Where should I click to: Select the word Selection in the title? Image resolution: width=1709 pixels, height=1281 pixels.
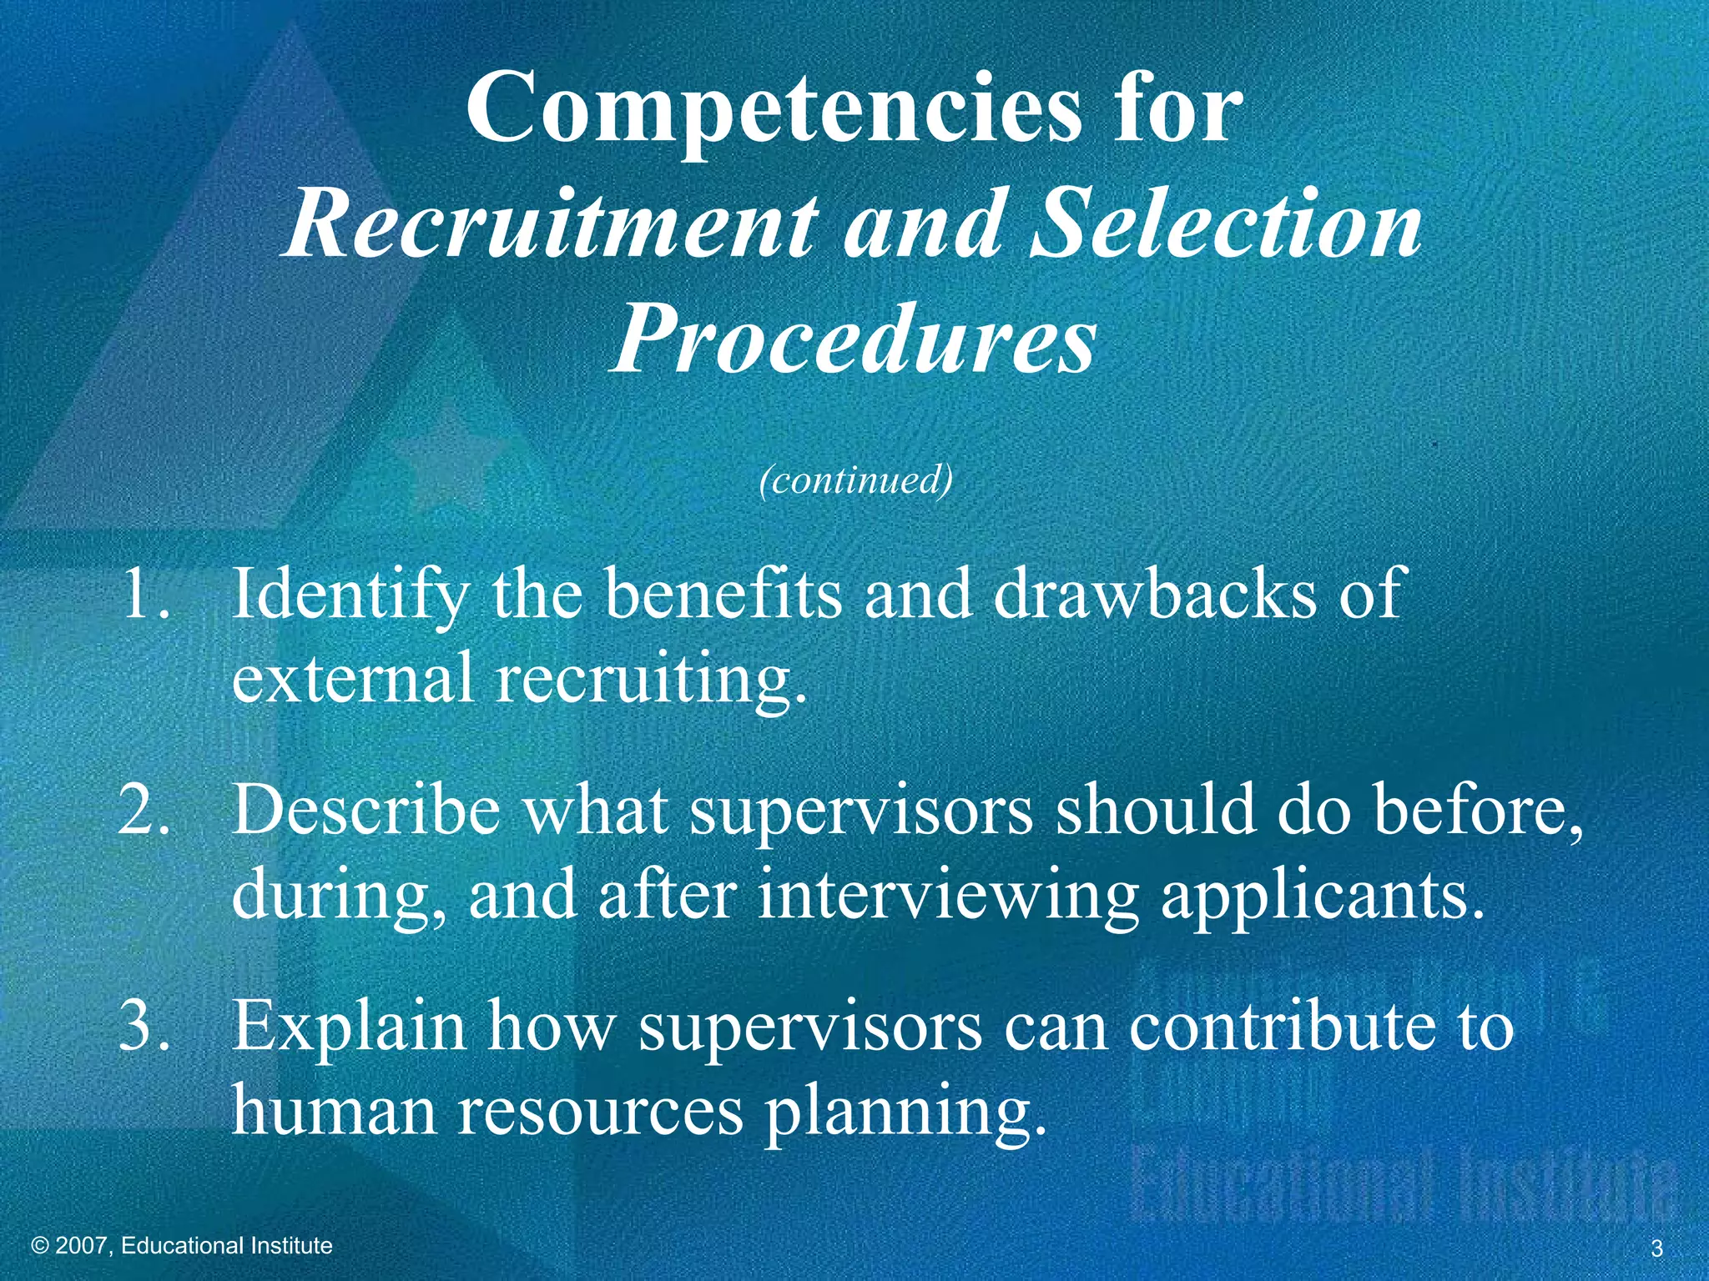1226,224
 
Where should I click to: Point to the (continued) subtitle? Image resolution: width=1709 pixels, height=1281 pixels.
855,480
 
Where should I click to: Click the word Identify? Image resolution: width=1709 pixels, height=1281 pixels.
350,594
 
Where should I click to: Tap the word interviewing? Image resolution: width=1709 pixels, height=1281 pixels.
947,894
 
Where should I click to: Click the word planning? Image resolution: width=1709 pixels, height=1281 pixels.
905,1113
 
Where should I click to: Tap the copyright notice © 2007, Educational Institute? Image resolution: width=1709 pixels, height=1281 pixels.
181,1246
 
